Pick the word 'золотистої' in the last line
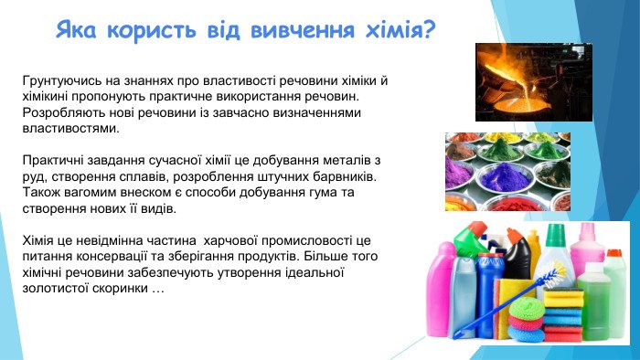pyautogui.click(x=55, y=288)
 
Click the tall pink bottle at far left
pyautogui.click(x=441, y=291)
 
